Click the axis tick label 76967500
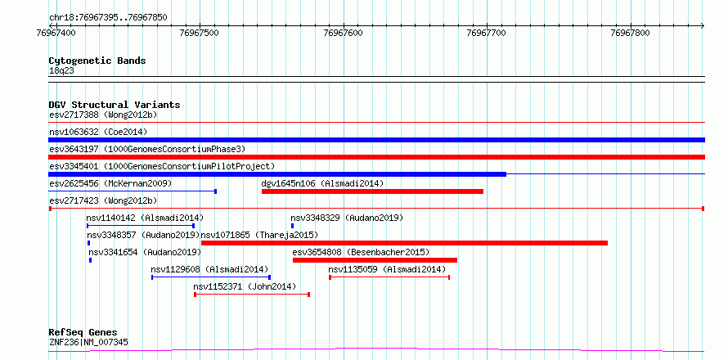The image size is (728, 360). tap(200, 33)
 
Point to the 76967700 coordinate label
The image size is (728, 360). tap(488, 33)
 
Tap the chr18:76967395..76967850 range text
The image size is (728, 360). tap(108, 18)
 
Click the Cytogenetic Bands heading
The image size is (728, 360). tap(97, 61)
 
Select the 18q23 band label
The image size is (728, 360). tap(61, 70)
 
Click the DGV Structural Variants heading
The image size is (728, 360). tap(115, 105)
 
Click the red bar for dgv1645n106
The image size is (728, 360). tap(372, 191)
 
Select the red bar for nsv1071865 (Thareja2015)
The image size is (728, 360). tap(404, 243)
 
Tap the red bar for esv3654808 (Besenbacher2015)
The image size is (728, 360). tap(375, 260)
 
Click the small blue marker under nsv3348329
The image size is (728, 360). tap(293, 226)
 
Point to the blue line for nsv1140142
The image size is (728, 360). tap(141, 226)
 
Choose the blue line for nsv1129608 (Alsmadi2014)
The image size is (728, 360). tap(211, 277)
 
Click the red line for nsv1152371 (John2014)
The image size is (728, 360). tap(252, 295)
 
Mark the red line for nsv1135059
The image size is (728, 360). tap(389, 277)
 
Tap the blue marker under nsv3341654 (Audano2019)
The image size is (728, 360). tap(91, 260)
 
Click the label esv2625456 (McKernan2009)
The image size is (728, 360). tap(110, 183)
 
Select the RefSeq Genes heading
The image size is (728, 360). tap(83, 333)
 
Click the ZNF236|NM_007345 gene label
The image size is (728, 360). tap(88, 342)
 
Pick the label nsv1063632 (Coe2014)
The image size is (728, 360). tap(98, 132)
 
